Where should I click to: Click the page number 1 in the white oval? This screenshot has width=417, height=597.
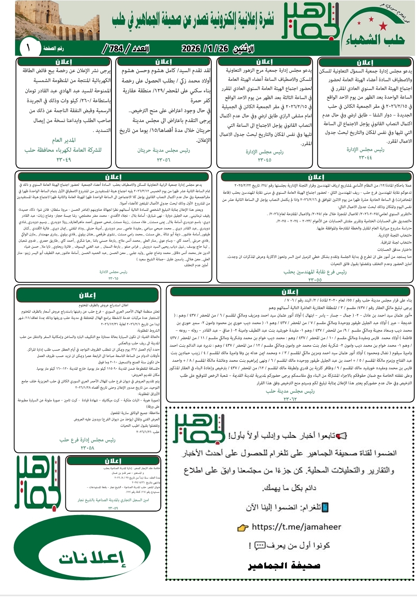(28, 48)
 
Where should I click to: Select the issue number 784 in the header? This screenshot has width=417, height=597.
(116, 49)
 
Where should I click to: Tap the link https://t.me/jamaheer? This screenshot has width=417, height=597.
(296, 526)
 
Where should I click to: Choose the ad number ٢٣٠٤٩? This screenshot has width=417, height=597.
(64, 160)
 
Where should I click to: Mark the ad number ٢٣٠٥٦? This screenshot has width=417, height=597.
(163, 160)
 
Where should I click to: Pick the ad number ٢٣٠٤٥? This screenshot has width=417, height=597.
(264, 160)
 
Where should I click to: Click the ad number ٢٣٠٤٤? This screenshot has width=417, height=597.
(365, 158)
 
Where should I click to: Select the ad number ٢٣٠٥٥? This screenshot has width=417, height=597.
(315, 280)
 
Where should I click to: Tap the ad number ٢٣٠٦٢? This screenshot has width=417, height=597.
(290, 399)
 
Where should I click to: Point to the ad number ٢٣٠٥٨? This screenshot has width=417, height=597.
(87, 448)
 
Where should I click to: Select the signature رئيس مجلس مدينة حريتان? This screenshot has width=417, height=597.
(163, 151)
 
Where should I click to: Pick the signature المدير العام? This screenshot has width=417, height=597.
(64, 140)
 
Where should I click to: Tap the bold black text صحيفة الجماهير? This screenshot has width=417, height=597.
(284, 565)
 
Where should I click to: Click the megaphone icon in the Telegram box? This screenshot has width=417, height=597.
(341, 436)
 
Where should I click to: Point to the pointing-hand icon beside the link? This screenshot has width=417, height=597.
(242, 527)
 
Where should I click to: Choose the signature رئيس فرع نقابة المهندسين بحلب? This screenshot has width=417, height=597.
(315, 272)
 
